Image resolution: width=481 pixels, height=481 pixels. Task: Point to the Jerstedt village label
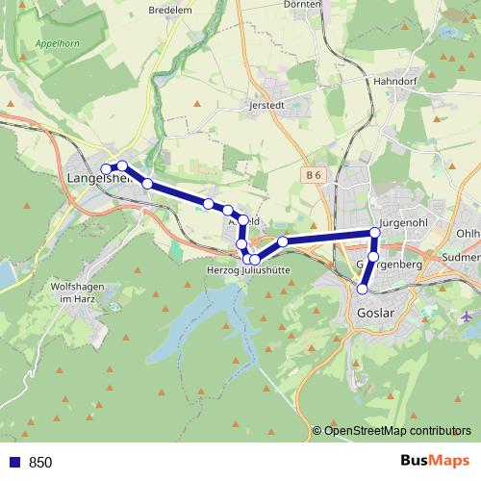[x=268, y=105]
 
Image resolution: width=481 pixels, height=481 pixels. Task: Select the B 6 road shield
[x=311, y=175]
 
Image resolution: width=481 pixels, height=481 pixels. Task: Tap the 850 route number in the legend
[x=40, y=462]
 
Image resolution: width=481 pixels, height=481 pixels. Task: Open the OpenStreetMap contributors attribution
[x=397, y=430]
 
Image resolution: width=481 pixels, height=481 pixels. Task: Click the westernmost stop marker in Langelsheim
[x=107, y=170]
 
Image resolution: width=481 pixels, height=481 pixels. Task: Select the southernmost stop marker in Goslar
[x=363, y=289]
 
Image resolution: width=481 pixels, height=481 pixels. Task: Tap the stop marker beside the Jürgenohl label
[x=375, y=233]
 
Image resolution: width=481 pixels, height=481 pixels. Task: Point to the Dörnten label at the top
[x=302, y=5]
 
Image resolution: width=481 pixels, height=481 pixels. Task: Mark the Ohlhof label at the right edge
[x=468, y=234]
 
